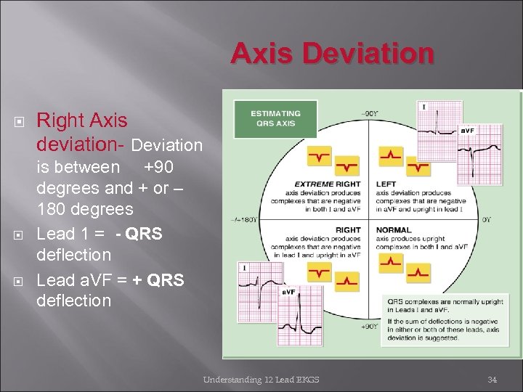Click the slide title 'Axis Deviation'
click(x=333, y=53)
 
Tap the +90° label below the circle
click(x=368, y=327)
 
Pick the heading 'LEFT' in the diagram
click(x=386, y=184)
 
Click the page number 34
click(x=492, y=379)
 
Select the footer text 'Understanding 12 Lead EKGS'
click(x=262, y=379)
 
